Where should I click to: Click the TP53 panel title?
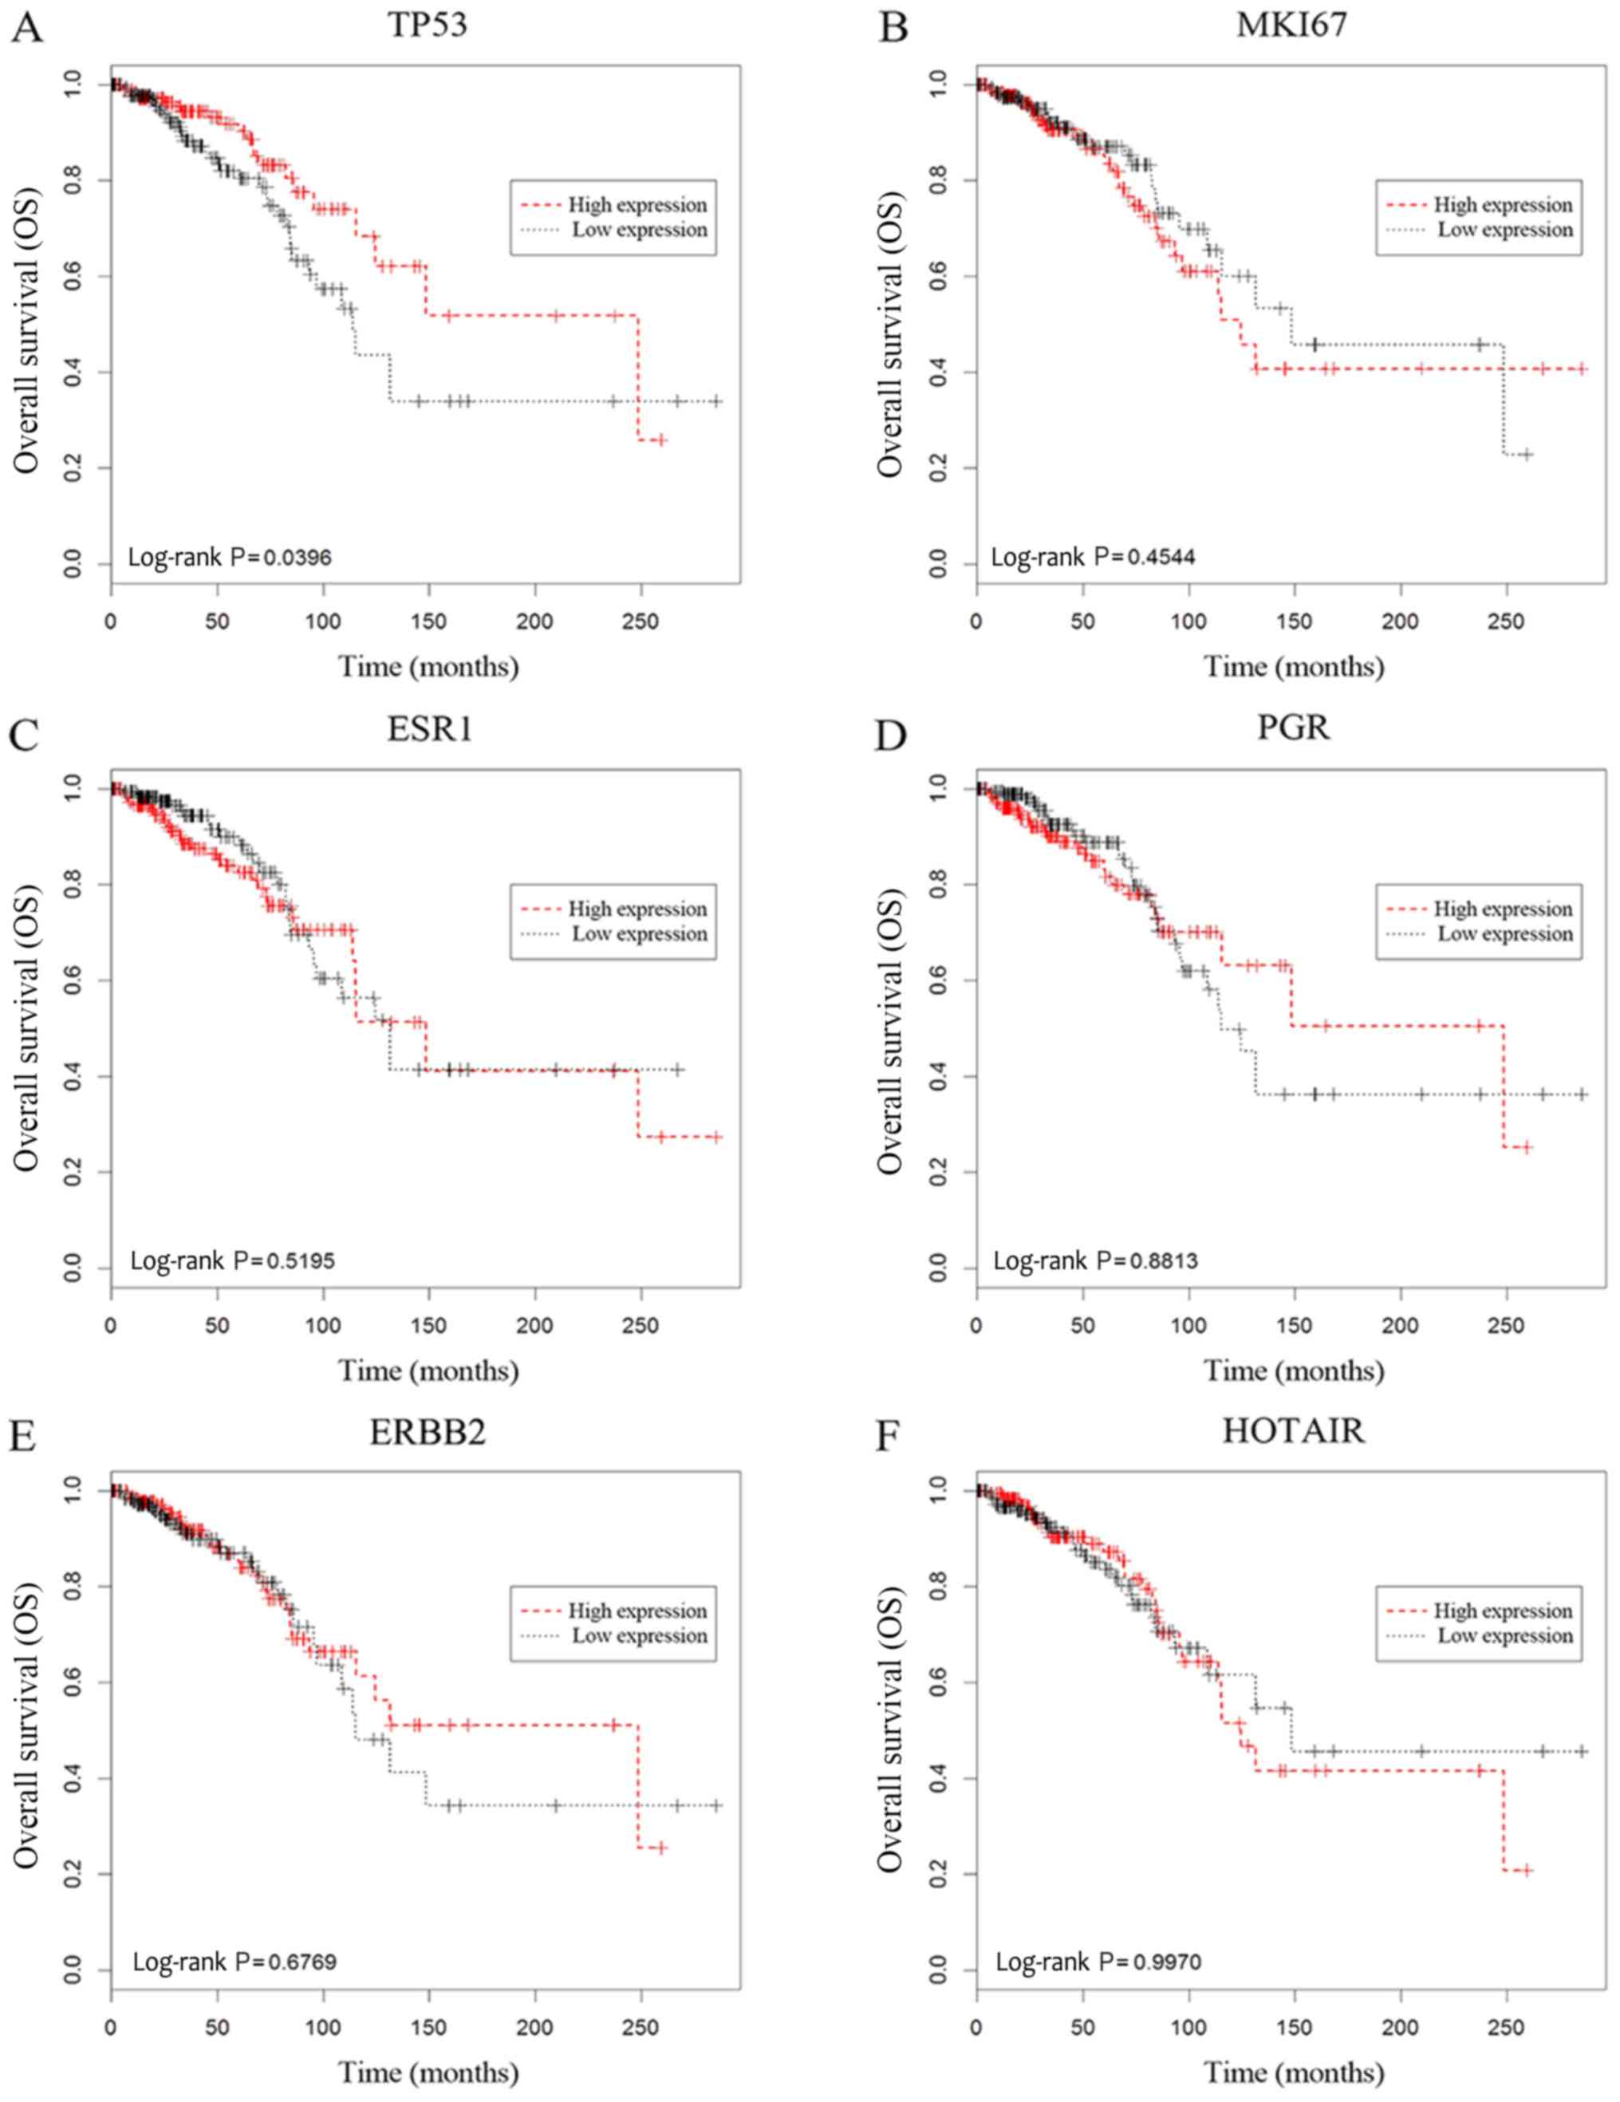point(428,24)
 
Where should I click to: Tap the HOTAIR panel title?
point(1293,1430)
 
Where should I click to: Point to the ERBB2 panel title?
point(428,1432)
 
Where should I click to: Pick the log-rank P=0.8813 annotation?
point(1095,1260)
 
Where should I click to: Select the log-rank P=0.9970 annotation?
point(1098,1962)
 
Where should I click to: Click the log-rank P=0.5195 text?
point(232,1260)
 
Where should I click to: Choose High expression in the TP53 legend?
point(637,205)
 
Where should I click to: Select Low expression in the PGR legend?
point(1504,933)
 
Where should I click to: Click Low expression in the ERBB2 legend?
point(639,1635)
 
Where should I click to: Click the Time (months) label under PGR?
point(1293,1370)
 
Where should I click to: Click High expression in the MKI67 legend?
point(1503,205)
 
